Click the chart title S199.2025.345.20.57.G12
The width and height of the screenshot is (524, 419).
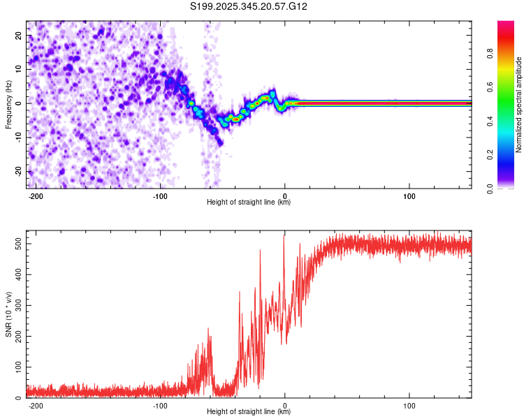coord(249,7)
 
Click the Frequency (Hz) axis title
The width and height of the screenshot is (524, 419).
coord(8,105)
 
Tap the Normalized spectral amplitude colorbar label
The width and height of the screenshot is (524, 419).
coord(518,105)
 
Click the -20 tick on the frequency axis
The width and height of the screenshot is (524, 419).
coord(17,172)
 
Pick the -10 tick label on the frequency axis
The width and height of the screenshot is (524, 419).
coord(17,138)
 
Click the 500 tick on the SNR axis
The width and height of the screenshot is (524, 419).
coord(15,242)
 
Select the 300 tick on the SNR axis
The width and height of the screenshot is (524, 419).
coord(15,304)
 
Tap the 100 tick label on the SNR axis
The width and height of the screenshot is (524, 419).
coord(15,367)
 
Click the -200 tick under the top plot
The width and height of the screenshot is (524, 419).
coord(36,196)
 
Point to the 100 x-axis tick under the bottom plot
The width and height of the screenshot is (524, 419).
coord(409,405)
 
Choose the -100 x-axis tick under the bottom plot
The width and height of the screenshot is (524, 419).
coord(160,405)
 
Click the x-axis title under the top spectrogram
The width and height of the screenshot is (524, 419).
coord(249,203)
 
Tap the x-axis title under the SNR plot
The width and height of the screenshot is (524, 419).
coord(249,412)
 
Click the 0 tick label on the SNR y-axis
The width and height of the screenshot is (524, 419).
coord(20,398)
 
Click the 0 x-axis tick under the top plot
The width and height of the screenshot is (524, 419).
coord(285,196)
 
